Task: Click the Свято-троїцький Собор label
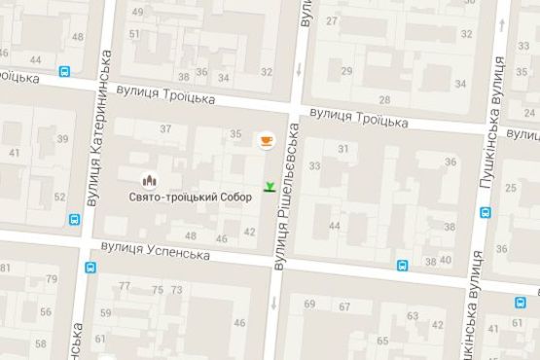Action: pyautogui.click(x=190, y=197)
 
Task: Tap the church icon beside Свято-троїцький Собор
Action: pyautogui.click(x=150, y=180)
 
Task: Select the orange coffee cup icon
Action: pyautogui.click(x=265, y=141)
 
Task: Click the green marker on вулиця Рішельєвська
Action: pyautogui.click(x=269, y=186)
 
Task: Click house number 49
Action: pyautogui.click(x=136, y=12)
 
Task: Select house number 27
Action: pyautogui.click(x=333, y=20)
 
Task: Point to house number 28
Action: pyautogui.click(x=383, y=98)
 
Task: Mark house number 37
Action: pyautogui.click(x=165, y=128)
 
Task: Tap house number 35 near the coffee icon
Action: pyautogui.click(x=235, y=134)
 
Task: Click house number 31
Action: pyautogui.click(x=342, y=148)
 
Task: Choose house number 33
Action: pyautogui.click(x=313, y=166)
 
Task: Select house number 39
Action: pyautogui.click(x=62, y=139)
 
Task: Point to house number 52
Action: pyautogui.click(x=59, y=198)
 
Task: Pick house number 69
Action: pyautogui.click(x=309, y=305)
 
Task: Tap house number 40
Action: pyautogui.click(x=446, y=260)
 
